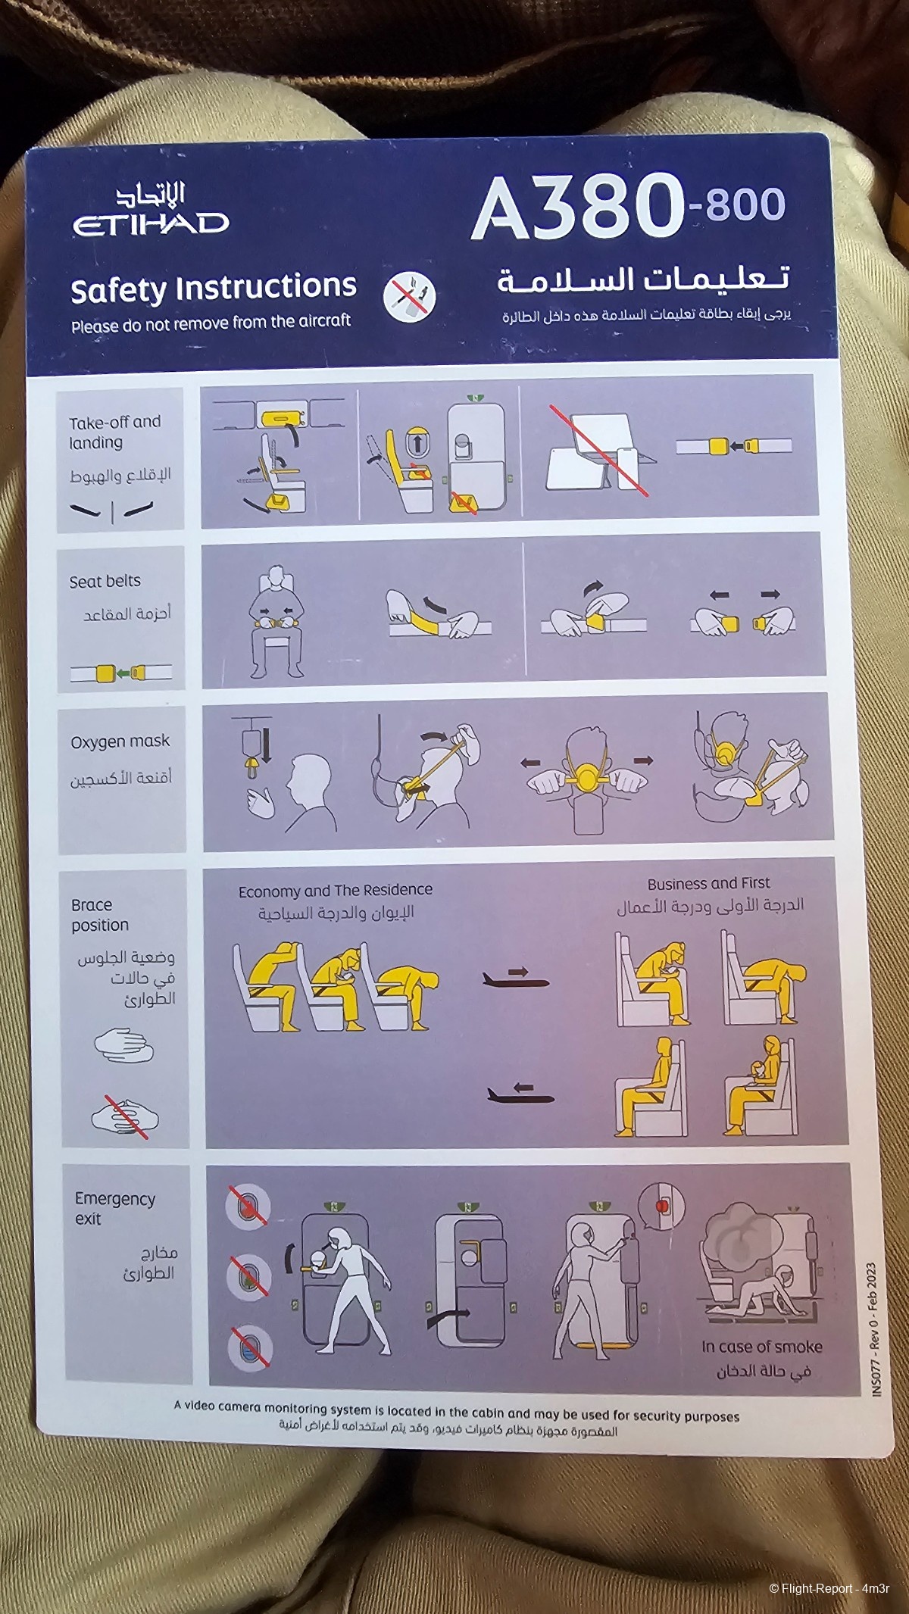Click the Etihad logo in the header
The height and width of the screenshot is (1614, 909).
(x=150, y=211)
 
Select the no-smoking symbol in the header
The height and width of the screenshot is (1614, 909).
(x=409, y=296)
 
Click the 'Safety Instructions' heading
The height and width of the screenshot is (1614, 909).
(x=213, y=289)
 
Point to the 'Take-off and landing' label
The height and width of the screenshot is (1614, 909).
(x=114, y=432)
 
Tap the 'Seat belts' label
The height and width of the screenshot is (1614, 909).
(x=105, y=581)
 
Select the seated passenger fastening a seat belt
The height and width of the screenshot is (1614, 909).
(x=276, y=620)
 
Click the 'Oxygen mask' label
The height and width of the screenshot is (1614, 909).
(x=120, y=741)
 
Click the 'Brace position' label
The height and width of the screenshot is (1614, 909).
(x=99, y=915)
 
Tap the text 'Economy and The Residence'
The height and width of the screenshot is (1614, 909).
(x=335, y=891)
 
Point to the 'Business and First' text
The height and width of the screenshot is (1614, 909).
(x=708, y=883)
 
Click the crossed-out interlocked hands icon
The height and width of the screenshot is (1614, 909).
(x=125, y=1116)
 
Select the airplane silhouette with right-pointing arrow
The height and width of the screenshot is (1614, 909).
(x=516, y=979)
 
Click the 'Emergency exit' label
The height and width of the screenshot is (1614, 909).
(x=114, y=1208)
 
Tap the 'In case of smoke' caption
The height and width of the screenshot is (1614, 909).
(x=761, y=1347)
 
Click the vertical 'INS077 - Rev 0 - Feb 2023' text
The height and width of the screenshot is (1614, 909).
(x=873, y=1329)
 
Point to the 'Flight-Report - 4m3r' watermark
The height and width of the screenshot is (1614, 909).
(x=829, y=1588)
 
